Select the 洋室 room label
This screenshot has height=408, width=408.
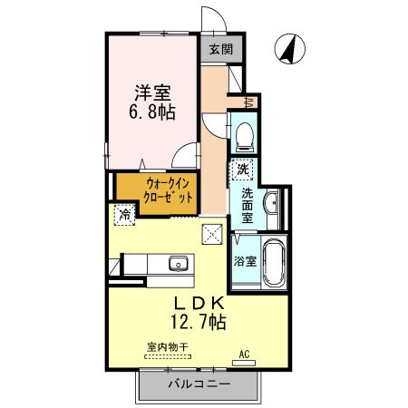tap(152, 92)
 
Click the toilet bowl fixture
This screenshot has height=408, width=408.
tap(243, 136)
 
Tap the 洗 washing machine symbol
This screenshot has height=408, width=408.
tap(243, 168)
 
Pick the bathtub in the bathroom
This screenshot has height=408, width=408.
tap(272, 263)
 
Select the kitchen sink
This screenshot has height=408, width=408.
tap(178, 266)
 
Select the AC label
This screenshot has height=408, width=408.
tap(243, 354)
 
